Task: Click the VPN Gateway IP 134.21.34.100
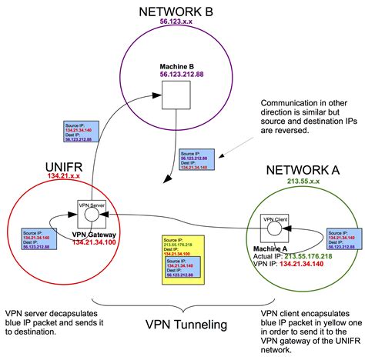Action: tap(92, 242)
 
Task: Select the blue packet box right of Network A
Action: tap(342, 238)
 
